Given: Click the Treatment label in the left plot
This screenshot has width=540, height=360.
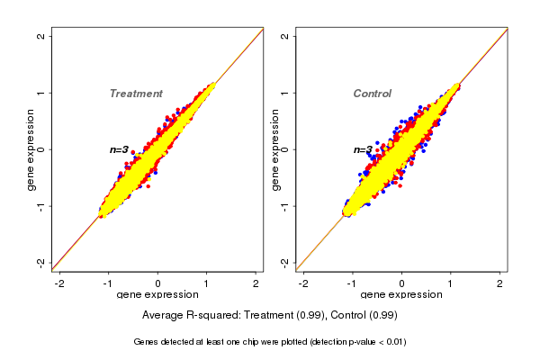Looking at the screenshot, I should click(x=136, y=94).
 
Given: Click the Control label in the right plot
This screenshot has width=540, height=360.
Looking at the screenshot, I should click(x=372, y=94).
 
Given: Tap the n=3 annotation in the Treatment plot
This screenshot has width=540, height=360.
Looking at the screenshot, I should click(x=120, y=150).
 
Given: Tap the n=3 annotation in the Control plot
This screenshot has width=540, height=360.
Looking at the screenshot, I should click(x=363, y=150).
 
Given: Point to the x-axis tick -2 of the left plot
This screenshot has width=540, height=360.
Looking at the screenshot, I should click(x=60, y=283).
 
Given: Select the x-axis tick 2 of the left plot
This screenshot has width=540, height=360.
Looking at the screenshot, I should click(x=256, y=283).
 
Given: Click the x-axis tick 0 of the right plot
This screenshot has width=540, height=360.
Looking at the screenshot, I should click(x=402, y=283).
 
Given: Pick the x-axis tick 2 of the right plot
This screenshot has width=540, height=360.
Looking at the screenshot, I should click(x=500, y=283).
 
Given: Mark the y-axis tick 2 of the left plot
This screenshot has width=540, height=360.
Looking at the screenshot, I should click(x=41, y=36).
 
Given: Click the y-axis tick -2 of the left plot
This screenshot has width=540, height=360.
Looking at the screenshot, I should click(x=41, y=263).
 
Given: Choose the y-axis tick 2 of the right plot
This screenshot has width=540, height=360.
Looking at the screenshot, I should click(x=285, y=36).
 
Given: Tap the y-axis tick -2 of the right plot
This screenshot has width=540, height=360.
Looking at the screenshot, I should click(x=285, y=263).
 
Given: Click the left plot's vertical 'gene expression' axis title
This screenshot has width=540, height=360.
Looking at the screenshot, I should click(x=31, y=149).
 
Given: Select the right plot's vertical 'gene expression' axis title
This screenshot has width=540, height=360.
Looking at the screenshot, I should click(x=275, y=149).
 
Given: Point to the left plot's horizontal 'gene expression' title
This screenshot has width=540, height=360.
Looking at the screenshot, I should click(x=158, y=295).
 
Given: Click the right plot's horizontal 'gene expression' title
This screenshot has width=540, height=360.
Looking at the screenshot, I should click(x=401, y=295).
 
